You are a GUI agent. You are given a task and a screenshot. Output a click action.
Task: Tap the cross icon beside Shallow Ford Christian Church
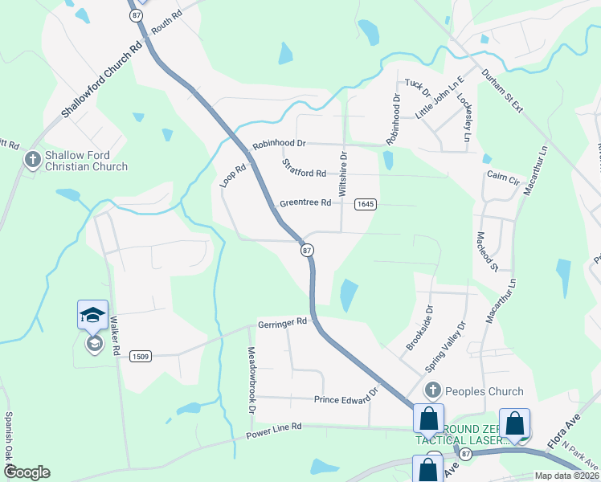click(x=33, y=160)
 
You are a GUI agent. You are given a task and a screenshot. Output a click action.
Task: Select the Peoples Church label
click(x=484, y=391)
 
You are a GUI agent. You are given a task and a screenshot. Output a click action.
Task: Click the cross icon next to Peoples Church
click(x=433, y=391)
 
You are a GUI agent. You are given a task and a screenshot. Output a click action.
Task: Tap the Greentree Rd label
click(x=305, y=203)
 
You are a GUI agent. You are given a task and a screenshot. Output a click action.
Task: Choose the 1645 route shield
click(x=366, y=204)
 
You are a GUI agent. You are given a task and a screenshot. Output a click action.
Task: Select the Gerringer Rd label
click(x=283, y=322)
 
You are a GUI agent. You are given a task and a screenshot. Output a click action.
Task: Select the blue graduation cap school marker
click(x=92, y=314)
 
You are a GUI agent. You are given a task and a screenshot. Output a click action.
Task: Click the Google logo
click(x=27, y=472)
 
